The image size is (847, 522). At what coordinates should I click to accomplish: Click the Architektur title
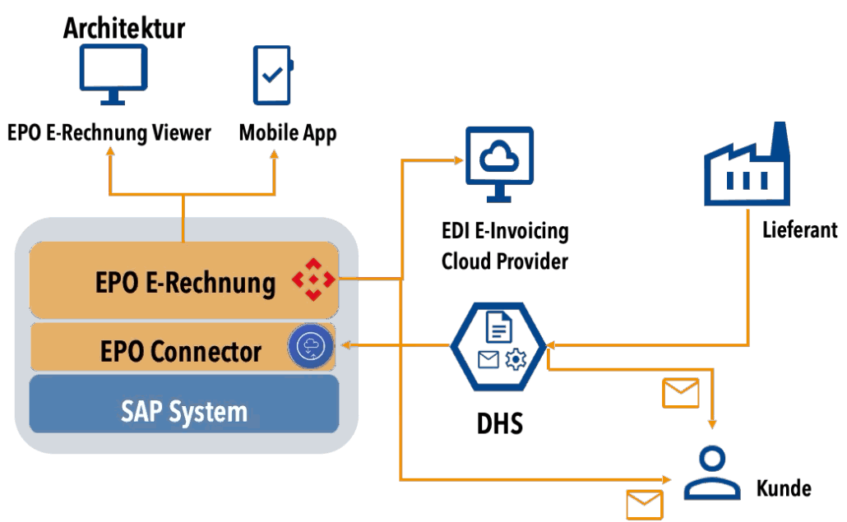click(124, 28)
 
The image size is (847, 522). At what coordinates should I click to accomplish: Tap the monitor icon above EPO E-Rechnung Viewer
click(113, 74)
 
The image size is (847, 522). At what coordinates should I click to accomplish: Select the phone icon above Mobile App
click(272, 74)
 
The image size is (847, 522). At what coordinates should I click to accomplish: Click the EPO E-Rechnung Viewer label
click(109, 133)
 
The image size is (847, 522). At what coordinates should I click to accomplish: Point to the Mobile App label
click(288, 133)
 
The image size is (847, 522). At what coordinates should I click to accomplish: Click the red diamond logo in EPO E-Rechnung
click(313, 279)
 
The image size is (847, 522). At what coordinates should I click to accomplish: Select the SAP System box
click(184, 411)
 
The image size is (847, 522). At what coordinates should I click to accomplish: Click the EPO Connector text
click(181, 352)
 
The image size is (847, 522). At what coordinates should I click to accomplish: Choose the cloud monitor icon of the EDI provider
click(499, 164)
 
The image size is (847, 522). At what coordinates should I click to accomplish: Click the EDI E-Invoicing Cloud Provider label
click(505, 246)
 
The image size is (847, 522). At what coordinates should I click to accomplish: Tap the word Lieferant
click(799, 229)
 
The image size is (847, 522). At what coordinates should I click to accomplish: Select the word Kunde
click(784, 488)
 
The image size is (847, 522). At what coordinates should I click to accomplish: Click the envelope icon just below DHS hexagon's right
click(681, 393)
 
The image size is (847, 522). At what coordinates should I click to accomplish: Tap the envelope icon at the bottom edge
click(644, 503)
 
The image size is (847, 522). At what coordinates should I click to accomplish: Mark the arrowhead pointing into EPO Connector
click(346, 345)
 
